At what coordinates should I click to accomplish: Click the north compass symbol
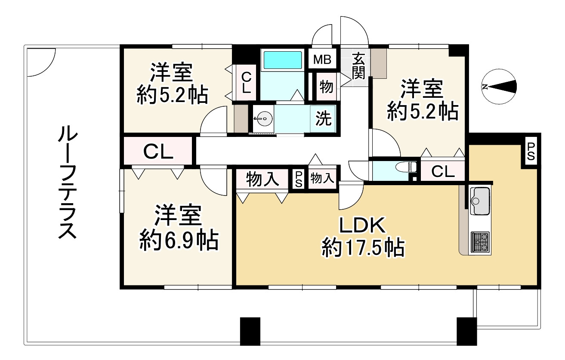pos(499,87)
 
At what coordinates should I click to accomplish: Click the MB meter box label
pos(322,59)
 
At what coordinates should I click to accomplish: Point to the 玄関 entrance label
pos(358,65)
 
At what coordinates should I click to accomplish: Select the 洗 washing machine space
pos(324,119)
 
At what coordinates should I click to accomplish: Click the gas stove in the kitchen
pos(480,242)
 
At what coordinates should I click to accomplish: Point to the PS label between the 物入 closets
pos(298,179)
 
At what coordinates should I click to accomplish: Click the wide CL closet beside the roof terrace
pos(158,152)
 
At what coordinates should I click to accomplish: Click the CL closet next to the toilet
pos(443,172)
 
